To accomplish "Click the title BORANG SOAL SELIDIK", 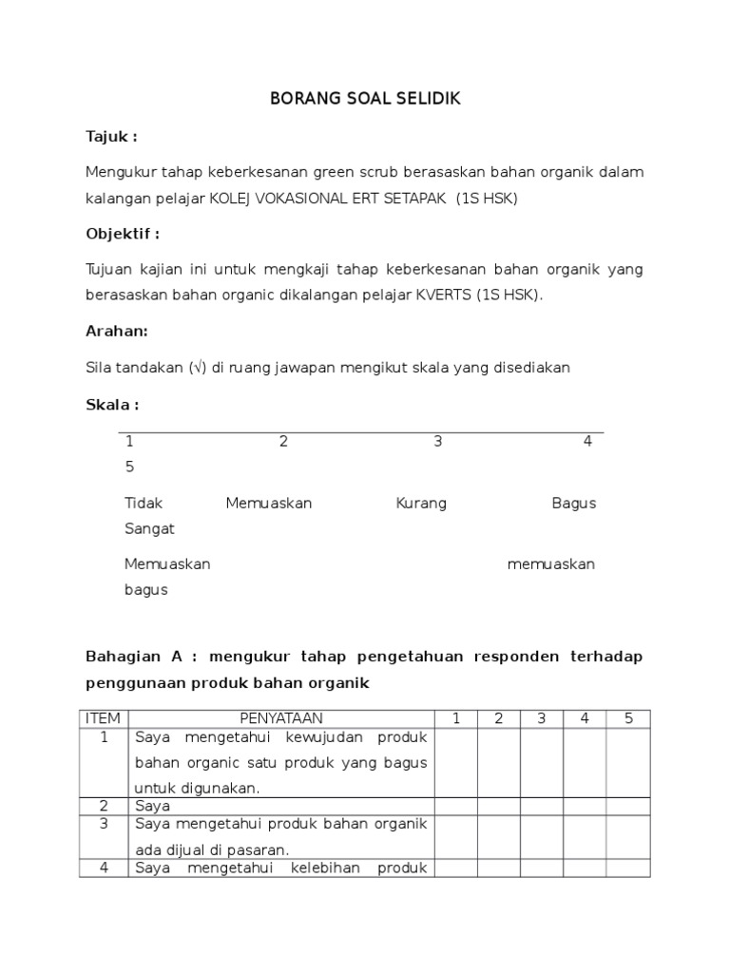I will pyautogui.click(x=365, y=99).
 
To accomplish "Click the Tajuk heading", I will pyautogui.click(x=111, y=137).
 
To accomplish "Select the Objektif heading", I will pyautogui.click(x=123, y=234).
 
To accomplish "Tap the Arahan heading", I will pyautogui.click(x=117, y=332).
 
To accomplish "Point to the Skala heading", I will pyautogui.click(x=112, y=405).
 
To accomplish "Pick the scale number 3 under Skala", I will pyautogui.click(x=437, y=442).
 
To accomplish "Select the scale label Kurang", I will pyautogui.click(x=421, y=504).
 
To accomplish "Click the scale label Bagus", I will pyautogui.click(x=574, y=504).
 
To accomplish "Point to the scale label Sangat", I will pyautogui.click(x=149, y=529).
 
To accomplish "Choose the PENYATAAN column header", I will pyautogui.click(x=281, y=718).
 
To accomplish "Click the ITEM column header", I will pyautogui.click(x=104, y=718).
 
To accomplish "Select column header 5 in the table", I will pyautogui.click(x=628, y=718).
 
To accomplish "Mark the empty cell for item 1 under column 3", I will pyautogui.click(x=541, y=762).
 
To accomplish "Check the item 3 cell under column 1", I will pyautogui.click(x=456, y=836).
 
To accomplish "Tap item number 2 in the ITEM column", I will pyautogui.click(x=104, y=806).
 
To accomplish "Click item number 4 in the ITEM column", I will pyautogui.click(x=104, y=868).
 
